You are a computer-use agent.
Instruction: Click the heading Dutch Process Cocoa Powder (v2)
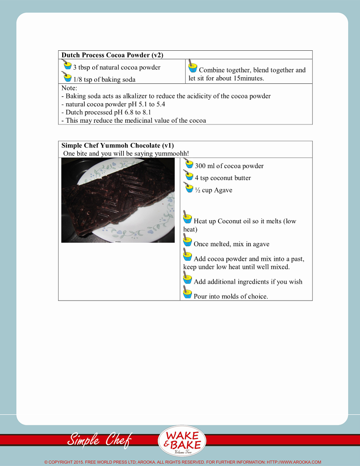pyautogui.click(x=112, y=55)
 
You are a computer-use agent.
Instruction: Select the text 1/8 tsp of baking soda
pyautogui.click(x=104, y=79)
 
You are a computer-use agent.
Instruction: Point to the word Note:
pyautogui.click(x=69, y=88)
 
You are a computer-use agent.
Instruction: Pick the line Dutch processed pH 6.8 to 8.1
pyautogui.click(x=106, y=112)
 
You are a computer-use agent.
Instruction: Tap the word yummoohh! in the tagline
pyautogui.click(x=172, y=153)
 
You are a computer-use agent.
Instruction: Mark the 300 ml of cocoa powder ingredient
pyautogui.click(x=229, y=166)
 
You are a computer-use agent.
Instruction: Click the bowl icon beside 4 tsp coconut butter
pyautogui.click(x=189, y=176)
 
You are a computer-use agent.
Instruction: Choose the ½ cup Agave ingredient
pyautogui.click(x=214, y=190)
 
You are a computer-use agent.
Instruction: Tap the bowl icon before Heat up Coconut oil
pyautogui.click(x=187, y=217)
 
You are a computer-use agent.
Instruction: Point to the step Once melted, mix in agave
pyautogui.click(x=231, y=244)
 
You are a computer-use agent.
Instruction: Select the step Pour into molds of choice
pyautogui.click(x=231, y=296)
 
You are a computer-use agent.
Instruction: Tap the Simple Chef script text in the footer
pyautogui.click(x=99, y=439)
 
